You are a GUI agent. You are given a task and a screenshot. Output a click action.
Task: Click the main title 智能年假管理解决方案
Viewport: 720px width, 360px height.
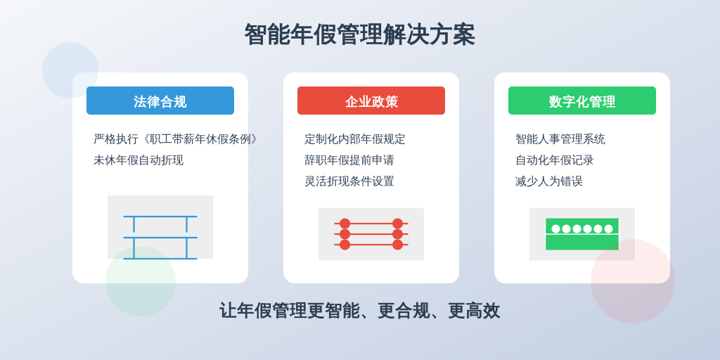point(359,35)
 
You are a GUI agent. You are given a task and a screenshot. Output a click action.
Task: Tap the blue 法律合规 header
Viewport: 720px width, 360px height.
point(160,101)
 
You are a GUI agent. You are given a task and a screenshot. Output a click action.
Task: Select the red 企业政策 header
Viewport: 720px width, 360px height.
point(371,101)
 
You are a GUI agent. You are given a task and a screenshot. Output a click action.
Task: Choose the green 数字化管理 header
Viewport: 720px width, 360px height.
point(581,101)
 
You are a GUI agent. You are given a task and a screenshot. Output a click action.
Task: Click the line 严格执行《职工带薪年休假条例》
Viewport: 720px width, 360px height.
point(176,139)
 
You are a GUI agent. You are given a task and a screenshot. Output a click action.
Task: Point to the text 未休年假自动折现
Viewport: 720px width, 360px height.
point(139,160)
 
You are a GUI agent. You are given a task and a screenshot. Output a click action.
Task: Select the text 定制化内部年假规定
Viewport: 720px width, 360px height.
point(354,139)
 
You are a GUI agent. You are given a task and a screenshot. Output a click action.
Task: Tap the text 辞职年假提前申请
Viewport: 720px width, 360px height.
point(349,160)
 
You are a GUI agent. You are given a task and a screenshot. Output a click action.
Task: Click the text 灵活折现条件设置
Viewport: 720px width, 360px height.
point(349,181)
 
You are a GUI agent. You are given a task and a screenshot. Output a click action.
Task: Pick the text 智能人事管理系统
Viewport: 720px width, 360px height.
point(560,139)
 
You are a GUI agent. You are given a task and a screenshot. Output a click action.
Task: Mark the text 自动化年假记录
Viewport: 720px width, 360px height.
point(554,160)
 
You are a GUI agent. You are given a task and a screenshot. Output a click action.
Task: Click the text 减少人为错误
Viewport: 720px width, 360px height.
point(548,181)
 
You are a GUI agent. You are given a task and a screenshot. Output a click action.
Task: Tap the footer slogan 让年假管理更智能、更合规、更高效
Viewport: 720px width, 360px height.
point(359,311)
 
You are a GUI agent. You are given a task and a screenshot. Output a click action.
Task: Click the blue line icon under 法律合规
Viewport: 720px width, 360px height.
point(160,238)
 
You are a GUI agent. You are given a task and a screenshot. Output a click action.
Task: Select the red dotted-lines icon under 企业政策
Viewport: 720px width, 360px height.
point(371,234)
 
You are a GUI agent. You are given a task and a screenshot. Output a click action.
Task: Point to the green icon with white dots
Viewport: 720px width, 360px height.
point(581,234)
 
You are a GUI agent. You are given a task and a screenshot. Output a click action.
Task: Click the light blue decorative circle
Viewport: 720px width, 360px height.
point(70,70)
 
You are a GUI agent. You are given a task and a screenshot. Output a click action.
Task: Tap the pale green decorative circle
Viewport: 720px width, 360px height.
point(141,281)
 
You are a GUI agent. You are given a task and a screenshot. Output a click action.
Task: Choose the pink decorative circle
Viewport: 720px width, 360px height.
point(633,281)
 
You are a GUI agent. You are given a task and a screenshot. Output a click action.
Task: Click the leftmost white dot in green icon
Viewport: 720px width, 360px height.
point(555,229)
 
